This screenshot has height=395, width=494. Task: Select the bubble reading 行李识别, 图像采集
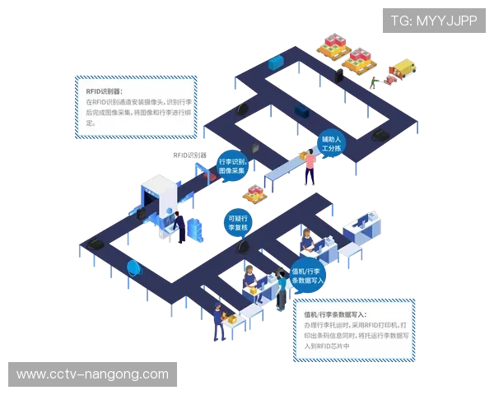click(232, 166)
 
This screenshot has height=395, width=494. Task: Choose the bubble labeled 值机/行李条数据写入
click(309, 276)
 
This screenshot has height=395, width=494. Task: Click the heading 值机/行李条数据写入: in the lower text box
click(334, 315)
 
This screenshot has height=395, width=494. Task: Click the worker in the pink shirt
click(310, 167)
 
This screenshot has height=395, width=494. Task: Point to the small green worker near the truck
click(375, 81)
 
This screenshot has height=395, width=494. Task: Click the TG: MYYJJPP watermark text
click(433, 20)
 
